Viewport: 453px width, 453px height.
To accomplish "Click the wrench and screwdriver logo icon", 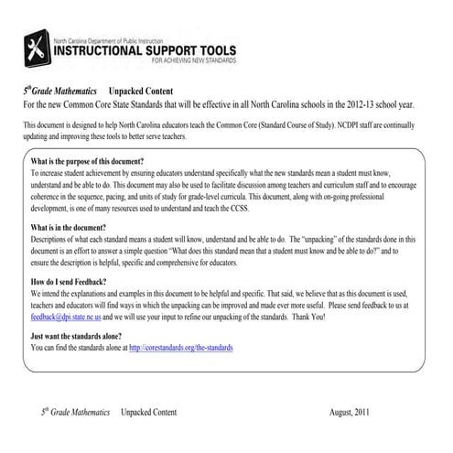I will [41, 48].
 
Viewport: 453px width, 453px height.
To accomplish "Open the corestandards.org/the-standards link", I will [185, 347].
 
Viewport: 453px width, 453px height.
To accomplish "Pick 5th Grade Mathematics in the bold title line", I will [60, 93].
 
